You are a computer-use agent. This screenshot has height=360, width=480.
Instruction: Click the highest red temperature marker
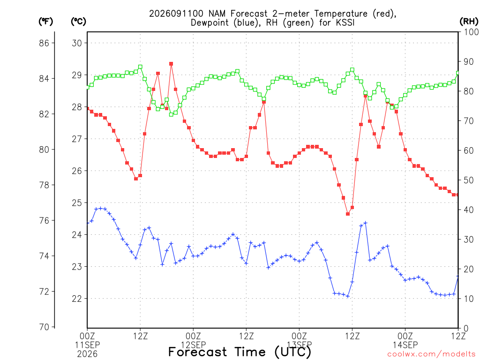(171, 64)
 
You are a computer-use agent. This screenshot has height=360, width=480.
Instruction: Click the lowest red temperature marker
(348, 214)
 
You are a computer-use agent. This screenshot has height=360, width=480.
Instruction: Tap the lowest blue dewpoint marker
(348, 296)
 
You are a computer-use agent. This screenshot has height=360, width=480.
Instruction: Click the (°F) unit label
(45, 22)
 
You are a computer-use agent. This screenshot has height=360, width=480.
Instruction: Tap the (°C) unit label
(78, 22)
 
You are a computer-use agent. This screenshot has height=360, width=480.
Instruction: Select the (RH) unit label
(469, 22)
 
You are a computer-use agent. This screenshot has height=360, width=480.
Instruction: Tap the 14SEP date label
(405, 345)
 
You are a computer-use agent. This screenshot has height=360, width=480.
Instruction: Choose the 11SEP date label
(87, 345)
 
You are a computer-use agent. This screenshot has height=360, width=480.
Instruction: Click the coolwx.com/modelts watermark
(431, 354)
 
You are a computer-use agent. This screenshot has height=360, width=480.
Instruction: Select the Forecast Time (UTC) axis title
(240, 352)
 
